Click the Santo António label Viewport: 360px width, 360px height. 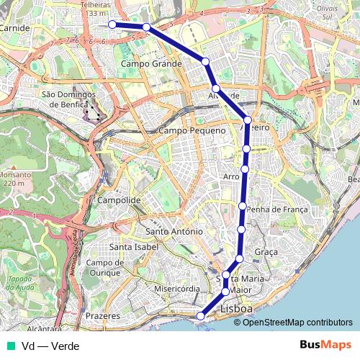(x=174, y=232)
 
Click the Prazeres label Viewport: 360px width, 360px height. (x=102, y=316)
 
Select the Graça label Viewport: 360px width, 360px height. (x=266, y=252)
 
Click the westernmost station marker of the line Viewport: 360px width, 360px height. (x=112, y=24)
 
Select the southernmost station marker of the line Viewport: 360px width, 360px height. (x=201, y=315)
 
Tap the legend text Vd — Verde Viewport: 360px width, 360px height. (x=50, y=346)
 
